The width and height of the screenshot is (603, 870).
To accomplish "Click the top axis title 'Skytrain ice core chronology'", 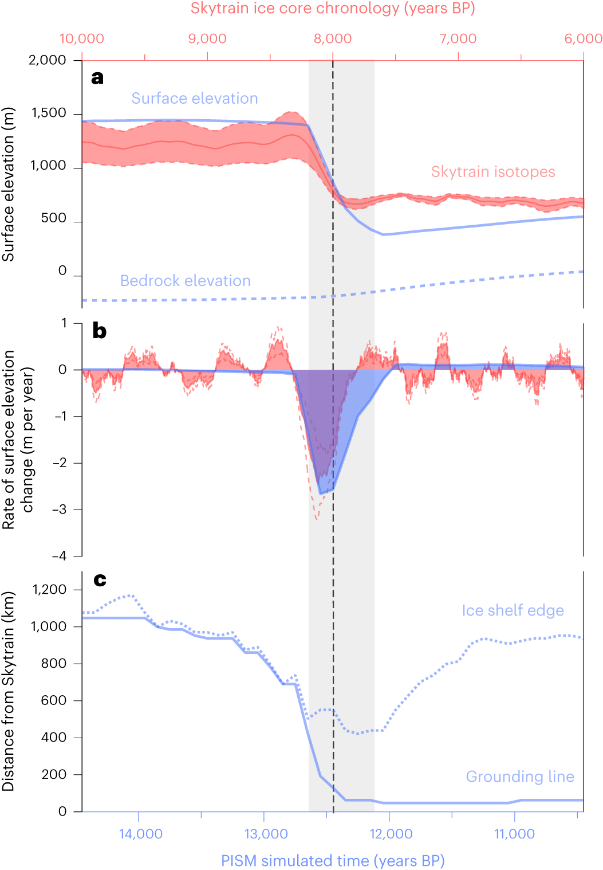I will (x=332, y=9).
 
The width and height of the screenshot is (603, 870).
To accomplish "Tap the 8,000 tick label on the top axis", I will (x=333, y=38).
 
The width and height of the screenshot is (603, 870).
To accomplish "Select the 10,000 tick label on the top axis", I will (x=82, y=38).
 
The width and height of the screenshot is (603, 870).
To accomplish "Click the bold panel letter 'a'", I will (x=97, y=77).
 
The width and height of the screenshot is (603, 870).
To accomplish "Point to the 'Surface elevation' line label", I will (x=195, y=99).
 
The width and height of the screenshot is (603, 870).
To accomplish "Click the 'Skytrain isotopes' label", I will (x=493, y=172).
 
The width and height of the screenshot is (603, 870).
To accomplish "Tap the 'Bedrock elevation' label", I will (x=185, y=281).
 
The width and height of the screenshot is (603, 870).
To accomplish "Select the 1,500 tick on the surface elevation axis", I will (x=49, y=113).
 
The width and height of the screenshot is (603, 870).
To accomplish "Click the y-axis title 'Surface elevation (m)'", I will (x=8, y=185).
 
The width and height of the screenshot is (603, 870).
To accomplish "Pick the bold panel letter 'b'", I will (x=99, y=331).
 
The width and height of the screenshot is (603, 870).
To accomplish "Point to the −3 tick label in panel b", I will (x=59, y=510).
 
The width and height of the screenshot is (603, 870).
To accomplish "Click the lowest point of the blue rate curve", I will (x=321, y=493).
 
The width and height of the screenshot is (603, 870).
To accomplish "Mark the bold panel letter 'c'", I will (x=100, y=580).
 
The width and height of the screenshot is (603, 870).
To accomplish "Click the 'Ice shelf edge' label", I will (x=513, y=610).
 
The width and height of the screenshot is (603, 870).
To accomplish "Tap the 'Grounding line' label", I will (x=519, y=777).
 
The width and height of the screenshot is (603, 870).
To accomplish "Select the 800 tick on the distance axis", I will (x=54, y=664).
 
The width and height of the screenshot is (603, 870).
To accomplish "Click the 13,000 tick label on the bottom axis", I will (x=266, y=834).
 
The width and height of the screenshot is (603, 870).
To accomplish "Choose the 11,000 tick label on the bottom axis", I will (x=514, y=834).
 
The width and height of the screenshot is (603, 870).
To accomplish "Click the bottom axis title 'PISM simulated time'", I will (x=333, y=861).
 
